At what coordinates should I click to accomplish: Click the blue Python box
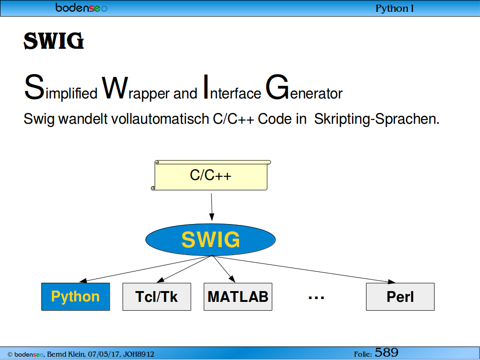pos(75,297)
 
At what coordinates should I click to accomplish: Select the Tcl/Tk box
pos(157,297)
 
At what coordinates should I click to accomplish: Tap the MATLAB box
pos(238,297)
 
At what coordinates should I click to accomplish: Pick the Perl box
pos(400,297)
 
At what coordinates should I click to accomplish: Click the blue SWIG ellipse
pos(210,240)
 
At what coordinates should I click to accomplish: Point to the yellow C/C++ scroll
pos(211,175)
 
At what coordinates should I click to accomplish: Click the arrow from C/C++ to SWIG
pos(211,207)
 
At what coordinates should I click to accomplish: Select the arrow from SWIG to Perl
pos(303,269)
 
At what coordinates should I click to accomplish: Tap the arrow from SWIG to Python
pos(145,269)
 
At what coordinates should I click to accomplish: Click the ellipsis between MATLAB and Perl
pos(316,297)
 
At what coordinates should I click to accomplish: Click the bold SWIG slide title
pos(54,41)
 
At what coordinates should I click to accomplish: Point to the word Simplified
pos(60,88)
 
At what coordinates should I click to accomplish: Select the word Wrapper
pos(135,88)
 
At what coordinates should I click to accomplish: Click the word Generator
pos(304,88)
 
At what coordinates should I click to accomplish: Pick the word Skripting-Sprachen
pos(376,119)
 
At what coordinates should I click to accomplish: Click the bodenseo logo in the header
pos(82,7)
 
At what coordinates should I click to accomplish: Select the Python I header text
pos(395,8)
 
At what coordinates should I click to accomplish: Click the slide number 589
pos(386,352)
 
